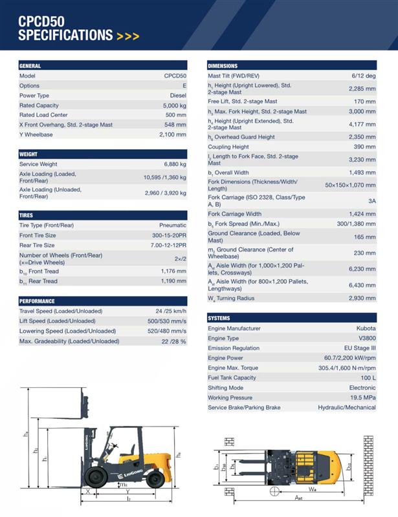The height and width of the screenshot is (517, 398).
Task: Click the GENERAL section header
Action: [30, 66]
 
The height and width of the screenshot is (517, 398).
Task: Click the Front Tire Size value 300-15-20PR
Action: [169, 235]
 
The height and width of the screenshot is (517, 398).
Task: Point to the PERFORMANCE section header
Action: [37, 301]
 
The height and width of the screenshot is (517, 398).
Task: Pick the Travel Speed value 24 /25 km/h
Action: [166, 311]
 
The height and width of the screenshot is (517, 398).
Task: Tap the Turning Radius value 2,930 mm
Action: [362, 298]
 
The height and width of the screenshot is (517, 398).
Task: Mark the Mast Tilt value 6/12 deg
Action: [363, 76]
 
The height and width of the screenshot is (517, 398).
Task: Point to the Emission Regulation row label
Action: [234, 348]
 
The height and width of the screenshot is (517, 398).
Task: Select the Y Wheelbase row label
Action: [36, 134]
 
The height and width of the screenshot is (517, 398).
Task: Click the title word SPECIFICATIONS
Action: [65, 35]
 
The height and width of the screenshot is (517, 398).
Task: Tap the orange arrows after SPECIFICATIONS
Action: [128, 36]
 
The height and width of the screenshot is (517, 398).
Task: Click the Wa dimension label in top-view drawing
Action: [312, 489]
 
